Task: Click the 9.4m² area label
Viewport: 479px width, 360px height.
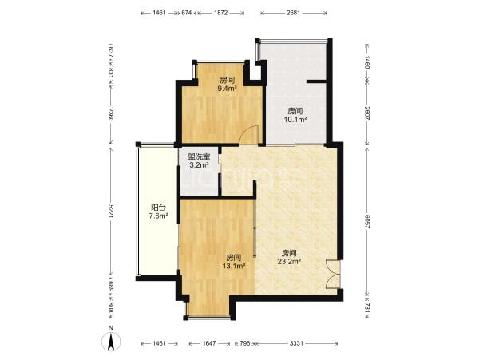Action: click(228, 89)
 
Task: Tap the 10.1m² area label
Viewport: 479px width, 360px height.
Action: click(295, 120)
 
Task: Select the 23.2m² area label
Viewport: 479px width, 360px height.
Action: click(289, 261)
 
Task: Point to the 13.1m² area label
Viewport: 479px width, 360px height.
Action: click(234, 266)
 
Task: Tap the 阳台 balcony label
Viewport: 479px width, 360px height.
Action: click(159, 208)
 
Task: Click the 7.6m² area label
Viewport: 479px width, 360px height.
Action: click(159, 216)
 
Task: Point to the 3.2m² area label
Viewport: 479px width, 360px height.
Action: click(199, 165)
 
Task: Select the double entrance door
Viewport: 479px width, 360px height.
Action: click(333, 274)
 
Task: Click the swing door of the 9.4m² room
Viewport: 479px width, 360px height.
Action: click(250, 135)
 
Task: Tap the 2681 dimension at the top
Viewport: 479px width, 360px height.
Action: click(293, 13)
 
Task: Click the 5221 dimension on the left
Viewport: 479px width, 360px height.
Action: click(111, 211)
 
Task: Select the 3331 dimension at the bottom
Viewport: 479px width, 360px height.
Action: click(296, 343)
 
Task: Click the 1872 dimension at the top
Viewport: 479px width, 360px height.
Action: click(221, 13)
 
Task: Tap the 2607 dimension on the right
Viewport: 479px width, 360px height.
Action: click(367, 113)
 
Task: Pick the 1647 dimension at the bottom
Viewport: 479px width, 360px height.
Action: click(209, 343)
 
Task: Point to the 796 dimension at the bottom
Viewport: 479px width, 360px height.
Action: click(245, 343)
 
